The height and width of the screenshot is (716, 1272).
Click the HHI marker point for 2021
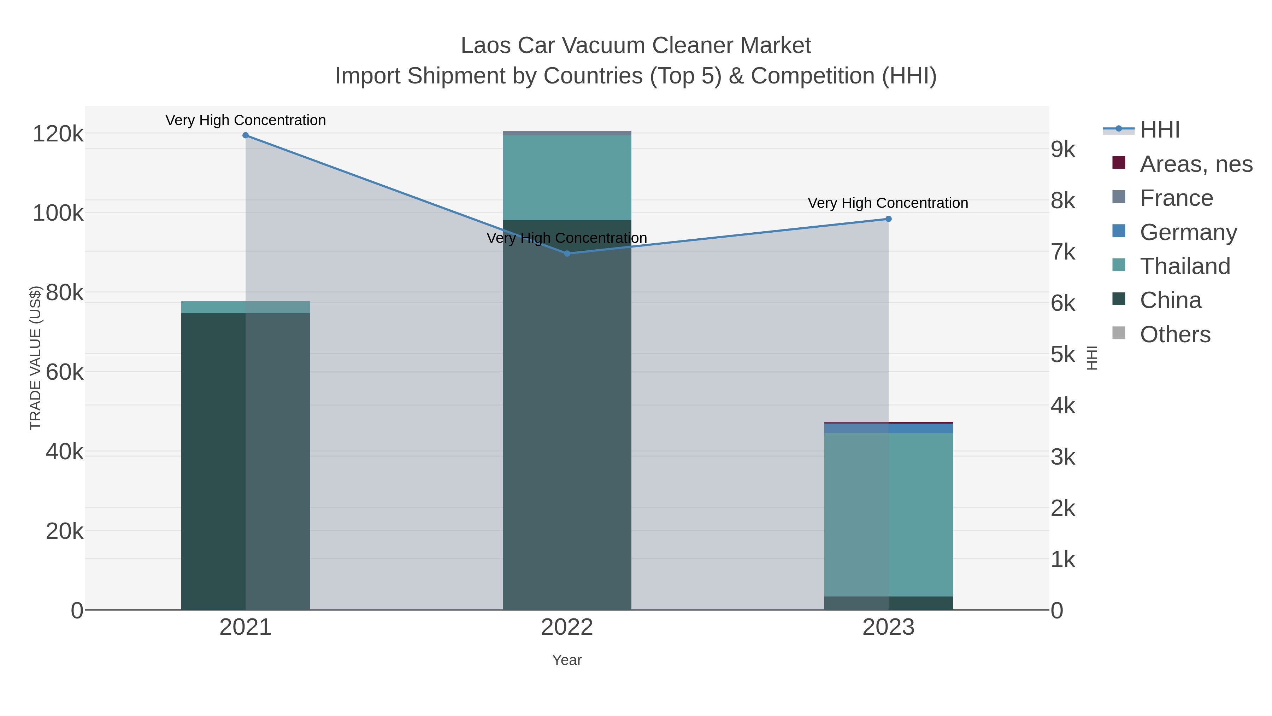[246, 135]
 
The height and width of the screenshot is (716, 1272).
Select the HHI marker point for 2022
[567, 254]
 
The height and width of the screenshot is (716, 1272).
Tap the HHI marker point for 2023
[888, 219]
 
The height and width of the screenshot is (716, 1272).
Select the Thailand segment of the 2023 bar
[888, 514]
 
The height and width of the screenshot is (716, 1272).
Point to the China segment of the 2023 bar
[888, 603]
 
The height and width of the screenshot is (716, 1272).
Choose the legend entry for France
[1176, 198]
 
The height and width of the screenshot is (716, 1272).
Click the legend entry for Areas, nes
[1196, 164]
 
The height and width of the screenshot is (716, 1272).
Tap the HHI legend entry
[1159, 130]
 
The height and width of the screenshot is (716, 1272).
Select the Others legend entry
[1175, 334]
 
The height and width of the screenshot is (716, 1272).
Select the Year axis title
[567, 660]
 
